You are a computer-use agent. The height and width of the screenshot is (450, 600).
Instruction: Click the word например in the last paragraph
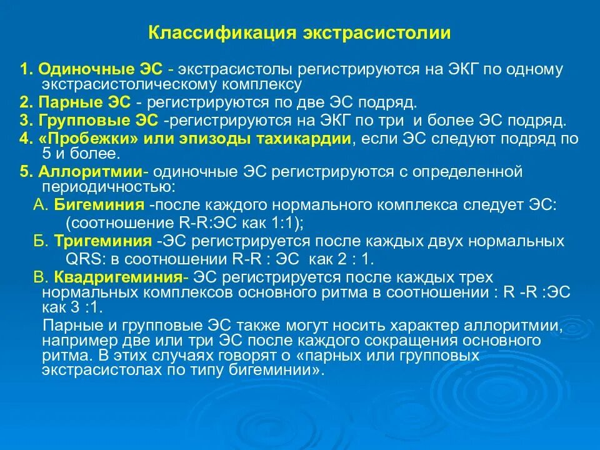[77, 341]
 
